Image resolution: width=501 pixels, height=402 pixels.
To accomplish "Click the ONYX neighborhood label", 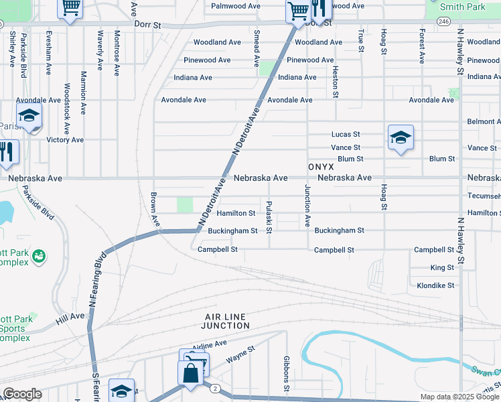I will (x=321, y=165).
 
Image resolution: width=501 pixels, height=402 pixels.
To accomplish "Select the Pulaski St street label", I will (x=269, y=217).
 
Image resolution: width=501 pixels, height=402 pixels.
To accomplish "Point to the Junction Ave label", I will (x=308, y=205).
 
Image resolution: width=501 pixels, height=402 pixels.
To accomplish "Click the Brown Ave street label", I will (x=154, y=209).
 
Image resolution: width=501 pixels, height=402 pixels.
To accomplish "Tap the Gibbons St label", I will (x=286, y=373).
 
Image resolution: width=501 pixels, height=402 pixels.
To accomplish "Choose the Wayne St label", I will (x=240, y=354).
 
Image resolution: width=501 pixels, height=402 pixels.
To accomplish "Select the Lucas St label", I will (x=346, y=134).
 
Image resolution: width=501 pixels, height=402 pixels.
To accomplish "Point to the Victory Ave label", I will (x=65, y=140).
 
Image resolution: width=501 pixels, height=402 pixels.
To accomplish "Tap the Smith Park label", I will (x=463, y=7).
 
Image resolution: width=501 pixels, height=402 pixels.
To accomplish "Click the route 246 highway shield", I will (x=443, y=21).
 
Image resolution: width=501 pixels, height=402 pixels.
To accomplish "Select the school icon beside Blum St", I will (x=400, y=138).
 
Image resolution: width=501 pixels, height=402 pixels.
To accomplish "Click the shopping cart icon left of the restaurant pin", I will (x=297, y=9).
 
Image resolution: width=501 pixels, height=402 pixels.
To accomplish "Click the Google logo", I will (x=22, y=394).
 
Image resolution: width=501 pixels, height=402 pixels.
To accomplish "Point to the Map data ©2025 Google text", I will (x=459, y=397).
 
